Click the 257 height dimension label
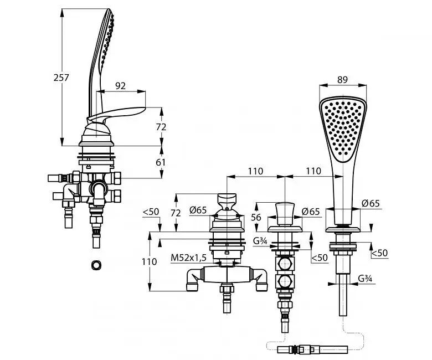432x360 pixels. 61,78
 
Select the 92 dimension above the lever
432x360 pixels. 120,86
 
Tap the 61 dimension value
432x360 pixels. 161,162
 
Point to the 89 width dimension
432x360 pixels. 342,80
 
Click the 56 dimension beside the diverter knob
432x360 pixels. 256,217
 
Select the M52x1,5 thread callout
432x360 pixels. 188,258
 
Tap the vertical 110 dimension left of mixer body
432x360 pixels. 150,261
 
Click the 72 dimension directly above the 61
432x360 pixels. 161,127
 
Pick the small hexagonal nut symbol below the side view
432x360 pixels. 96,265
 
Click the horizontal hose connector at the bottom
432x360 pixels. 312,349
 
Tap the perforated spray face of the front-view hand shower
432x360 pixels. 343,128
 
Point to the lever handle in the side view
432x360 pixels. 116,115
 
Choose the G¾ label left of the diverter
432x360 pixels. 260,241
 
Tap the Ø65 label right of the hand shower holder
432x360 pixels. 371,203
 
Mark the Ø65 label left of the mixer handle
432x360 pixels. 198,210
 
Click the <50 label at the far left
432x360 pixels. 151,212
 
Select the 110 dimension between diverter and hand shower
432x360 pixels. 313,171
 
